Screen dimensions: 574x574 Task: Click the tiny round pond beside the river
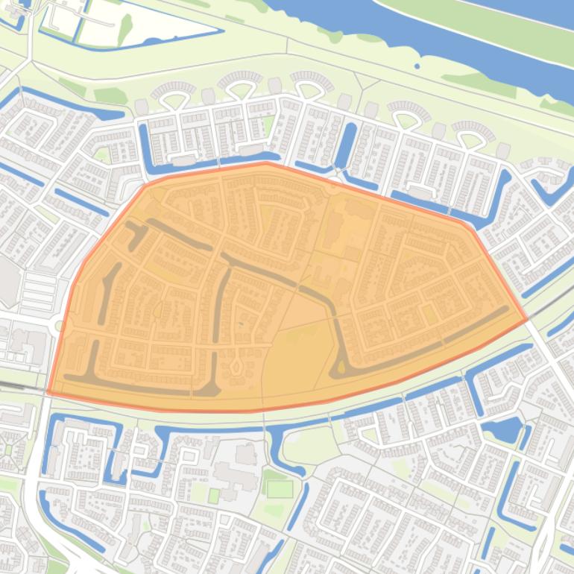coord(416,66)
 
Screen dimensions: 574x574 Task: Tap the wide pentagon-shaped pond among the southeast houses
coord(504,430)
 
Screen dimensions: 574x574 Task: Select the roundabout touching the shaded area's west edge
coord(60,326)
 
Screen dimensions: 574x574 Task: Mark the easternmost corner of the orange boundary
coord(527,319)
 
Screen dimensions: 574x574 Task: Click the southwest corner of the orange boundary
coord(48,391)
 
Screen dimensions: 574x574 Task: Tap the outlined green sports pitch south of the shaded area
coord(280,489)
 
